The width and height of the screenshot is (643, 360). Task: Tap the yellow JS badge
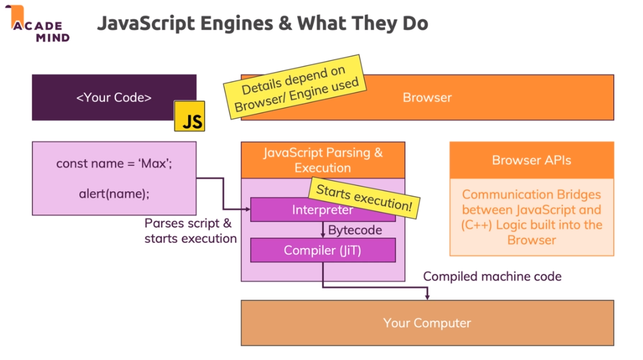point(189,116)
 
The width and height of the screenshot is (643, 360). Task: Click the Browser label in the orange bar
point(427,97)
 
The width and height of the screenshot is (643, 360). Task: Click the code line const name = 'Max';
point(114,164)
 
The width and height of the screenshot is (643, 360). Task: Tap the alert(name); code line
point(114,193)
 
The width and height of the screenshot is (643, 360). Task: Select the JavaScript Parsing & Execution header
point(322,160)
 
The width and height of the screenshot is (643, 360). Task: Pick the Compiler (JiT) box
point(322,250)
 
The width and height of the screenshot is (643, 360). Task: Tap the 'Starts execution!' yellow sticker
point(364,197)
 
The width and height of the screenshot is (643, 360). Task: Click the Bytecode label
point(355,230)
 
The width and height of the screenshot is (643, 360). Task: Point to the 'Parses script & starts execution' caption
point(190,231)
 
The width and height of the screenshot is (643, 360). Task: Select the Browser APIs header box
point(531,160)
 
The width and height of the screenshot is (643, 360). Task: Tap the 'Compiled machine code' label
point(492,276)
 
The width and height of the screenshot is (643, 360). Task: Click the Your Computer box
point(427,322)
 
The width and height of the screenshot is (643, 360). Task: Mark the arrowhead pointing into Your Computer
point(427,297)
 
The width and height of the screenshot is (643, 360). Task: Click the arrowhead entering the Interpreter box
point(247,209)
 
